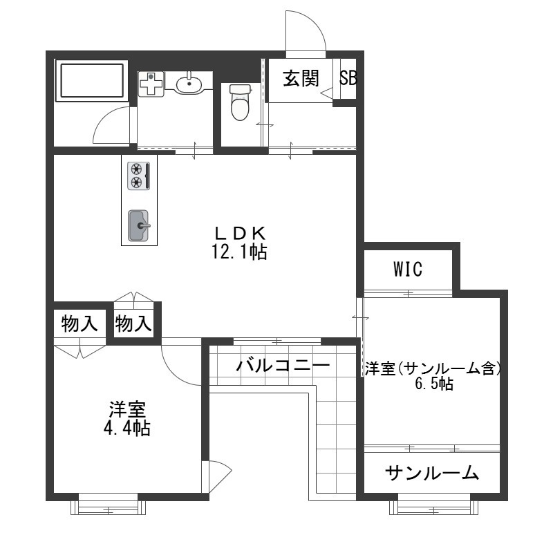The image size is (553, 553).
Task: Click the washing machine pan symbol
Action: [151, 84]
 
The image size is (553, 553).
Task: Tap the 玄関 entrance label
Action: [300, 78]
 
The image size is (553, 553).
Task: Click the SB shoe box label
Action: [348, 78]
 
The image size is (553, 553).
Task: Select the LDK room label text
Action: [239, 233]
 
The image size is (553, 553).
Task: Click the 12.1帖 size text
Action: [239, 252]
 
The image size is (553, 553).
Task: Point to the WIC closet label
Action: [408, 269]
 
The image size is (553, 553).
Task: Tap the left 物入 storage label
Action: [79, 324]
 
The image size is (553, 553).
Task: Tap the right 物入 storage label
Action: [133, 324]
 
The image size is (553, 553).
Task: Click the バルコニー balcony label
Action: [282, 364]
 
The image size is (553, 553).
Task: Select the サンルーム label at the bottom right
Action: [432, 473]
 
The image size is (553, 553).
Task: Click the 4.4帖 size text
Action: [126, 428]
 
